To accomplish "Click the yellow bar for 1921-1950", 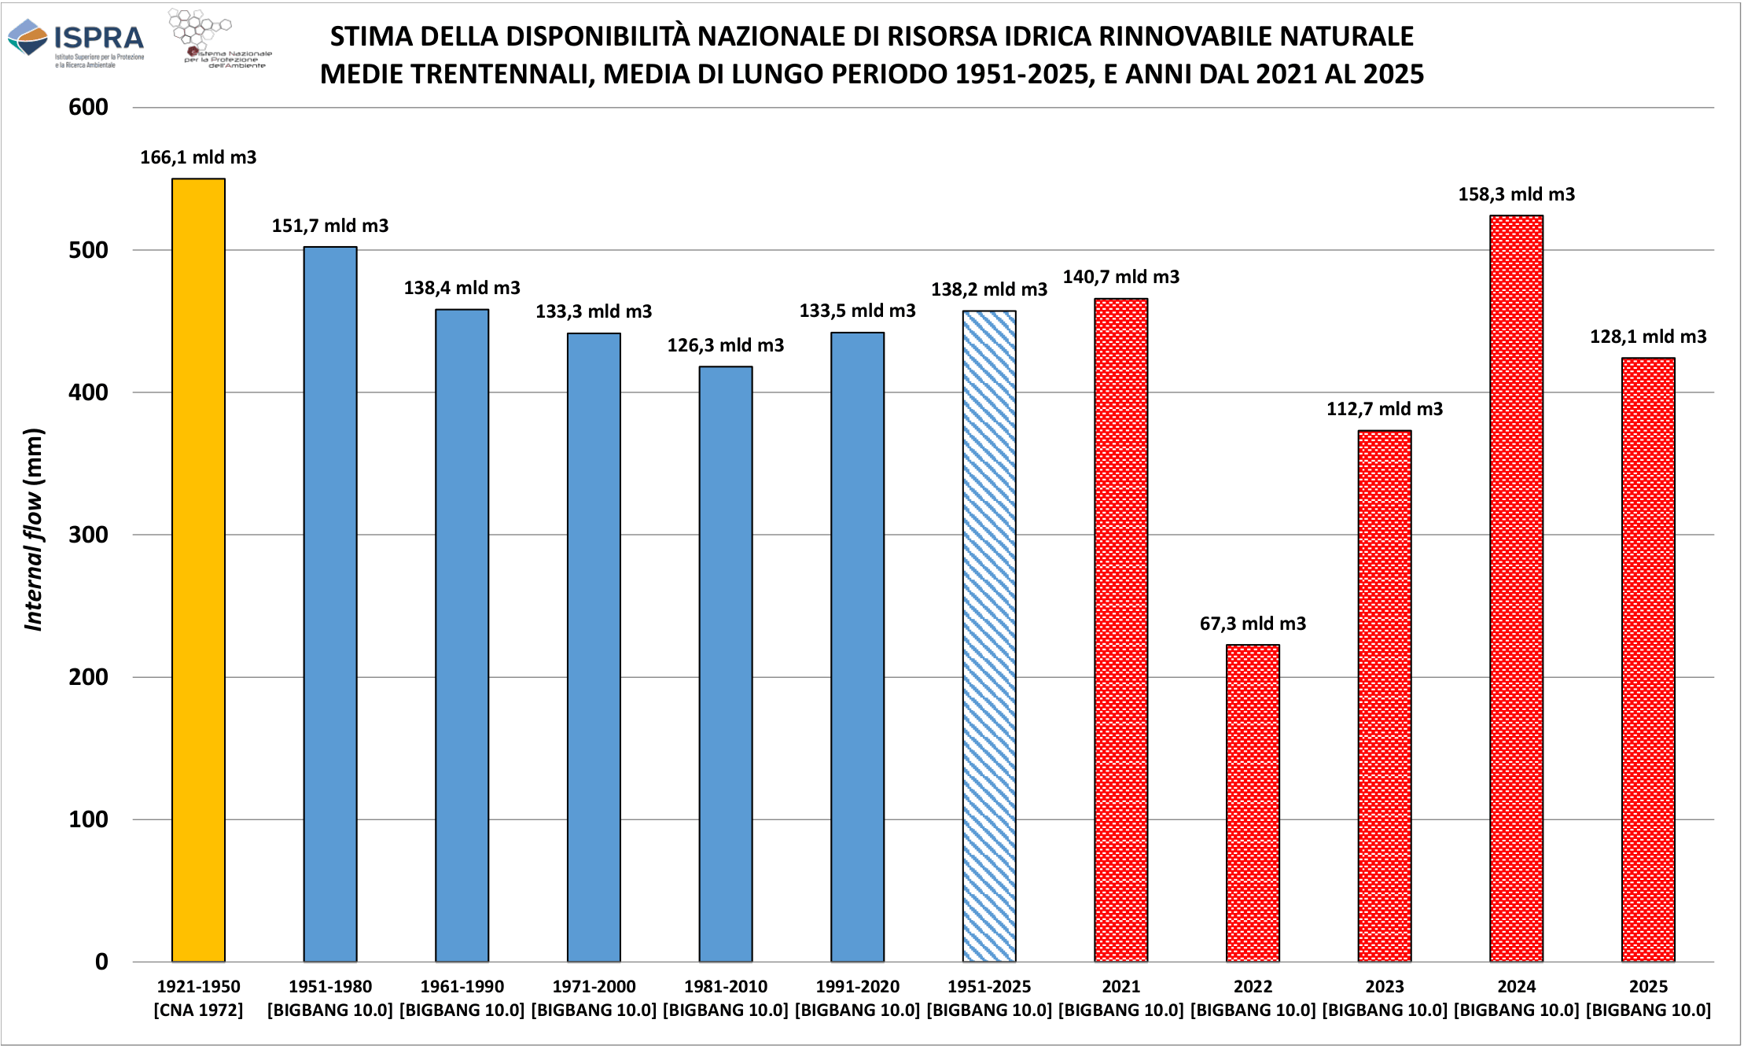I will point(198,570).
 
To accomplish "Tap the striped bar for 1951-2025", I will point(989,636).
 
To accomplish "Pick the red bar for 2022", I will point(1253,803).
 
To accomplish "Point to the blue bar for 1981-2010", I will point(726,664).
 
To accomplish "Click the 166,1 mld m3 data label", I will point(198,157).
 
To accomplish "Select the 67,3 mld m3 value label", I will point(1253,624).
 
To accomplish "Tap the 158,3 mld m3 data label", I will point(1516,194).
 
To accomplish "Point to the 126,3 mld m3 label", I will point(726,345).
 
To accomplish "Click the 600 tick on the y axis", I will point(88,107).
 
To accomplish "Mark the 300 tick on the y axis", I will point(88,535).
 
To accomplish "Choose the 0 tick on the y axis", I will point(101,962).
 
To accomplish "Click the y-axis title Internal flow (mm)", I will point(33,529).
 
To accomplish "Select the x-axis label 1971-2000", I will point(594,986).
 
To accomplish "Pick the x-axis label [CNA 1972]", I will point(198,1010).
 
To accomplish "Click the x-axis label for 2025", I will point(1648,986).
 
